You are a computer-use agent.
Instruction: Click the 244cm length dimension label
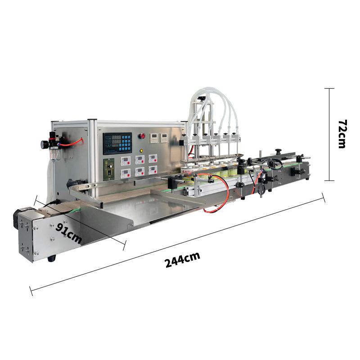(x=183, y=260)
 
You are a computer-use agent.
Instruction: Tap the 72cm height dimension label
(x=342, y=134)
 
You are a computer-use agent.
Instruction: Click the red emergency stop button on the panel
(x=142, y=136)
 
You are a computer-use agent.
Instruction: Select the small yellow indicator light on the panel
(x=141, y=151)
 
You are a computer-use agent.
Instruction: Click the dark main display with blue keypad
(x=117, y=144)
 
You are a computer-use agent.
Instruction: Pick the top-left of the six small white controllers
(x=126, y=161)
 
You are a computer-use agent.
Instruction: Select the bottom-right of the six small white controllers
(x=153, y=170)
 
